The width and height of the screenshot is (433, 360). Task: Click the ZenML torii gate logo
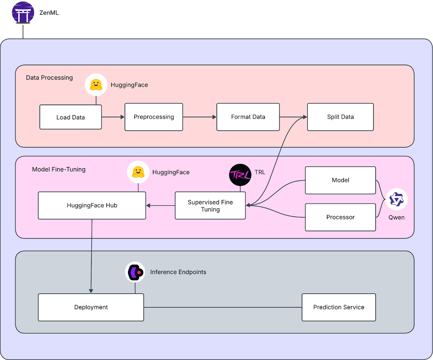pos(22,13)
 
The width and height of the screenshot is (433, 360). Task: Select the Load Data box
pos(71,117)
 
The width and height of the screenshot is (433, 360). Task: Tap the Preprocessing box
pos(154,117)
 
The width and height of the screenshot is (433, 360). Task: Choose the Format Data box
pos(248,117)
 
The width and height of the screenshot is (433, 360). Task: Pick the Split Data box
pos(340,117)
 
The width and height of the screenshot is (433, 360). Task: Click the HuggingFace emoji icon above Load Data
pos(96,84)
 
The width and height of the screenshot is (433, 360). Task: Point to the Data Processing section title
pos(49,78)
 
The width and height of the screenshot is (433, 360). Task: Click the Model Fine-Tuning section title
pos(59,169)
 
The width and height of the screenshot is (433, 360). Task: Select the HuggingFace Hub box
pos(92,205)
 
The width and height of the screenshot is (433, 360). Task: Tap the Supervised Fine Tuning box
pos(210,205)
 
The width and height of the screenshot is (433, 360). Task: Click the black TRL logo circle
pos(240,175)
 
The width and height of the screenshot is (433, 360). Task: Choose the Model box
pos(340,180)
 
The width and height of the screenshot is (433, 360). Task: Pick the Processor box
pos(340,217)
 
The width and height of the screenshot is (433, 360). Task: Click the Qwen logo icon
pos(397,199)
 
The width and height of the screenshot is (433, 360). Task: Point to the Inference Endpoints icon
pos(135,272)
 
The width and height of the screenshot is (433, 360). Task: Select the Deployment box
pos(91,307)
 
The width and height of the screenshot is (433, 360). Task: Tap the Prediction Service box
pos(338,307)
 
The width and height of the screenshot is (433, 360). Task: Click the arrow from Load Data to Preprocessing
pos(113,117)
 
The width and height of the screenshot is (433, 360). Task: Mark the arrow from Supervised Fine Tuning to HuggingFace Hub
pos(160,205)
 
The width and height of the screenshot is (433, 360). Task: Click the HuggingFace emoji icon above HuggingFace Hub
pos(138,172)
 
